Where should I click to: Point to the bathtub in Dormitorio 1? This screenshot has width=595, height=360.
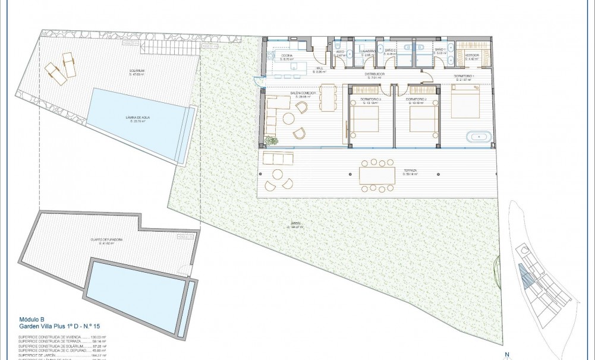tap(479, 138)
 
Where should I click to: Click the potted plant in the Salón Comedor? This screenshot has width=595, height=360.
tap(272, 141)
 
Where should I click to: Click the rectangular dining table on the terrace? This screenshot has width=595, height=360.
tap(377, 175)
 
